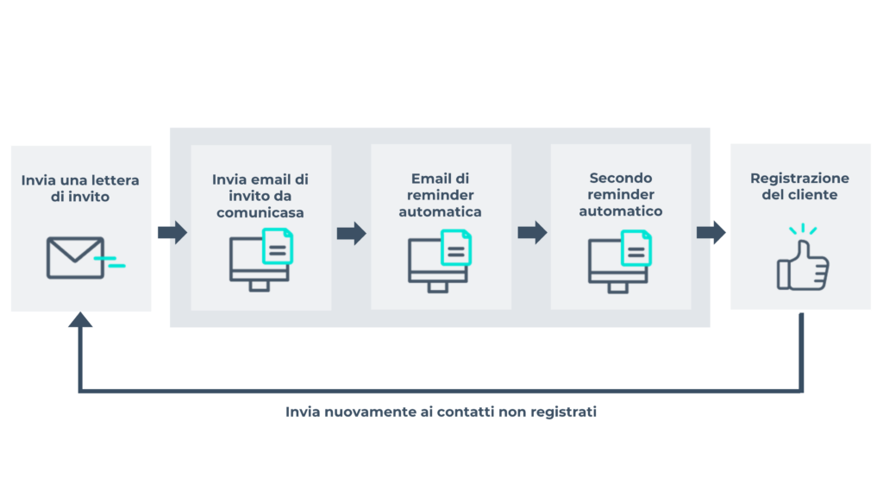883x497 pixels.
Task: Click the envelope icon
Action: [75, 257]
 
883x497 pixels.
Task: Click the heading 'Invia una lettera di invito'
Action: [80, 188]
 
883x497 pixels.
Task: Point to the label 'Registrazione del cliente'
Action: [799, 186]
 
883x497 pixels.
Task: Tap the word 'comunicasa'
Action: [260, 212]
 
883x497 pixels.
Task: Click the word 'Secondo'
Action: [621, 179]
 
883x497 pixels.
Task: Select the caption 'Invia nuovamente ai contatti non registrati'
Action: [441, 412]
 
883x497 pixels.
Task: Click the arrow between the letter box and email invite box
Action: [172, 232]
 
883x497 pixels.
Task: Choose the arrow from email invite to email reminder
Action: [351, 233]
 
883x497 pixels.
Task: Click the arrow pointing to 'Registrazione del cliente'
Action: [711, 232]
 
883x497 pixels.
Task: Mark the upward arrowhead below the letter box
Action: [80, 320]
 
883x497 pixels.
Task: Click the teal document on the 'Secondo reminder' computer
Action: [636, 248]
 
